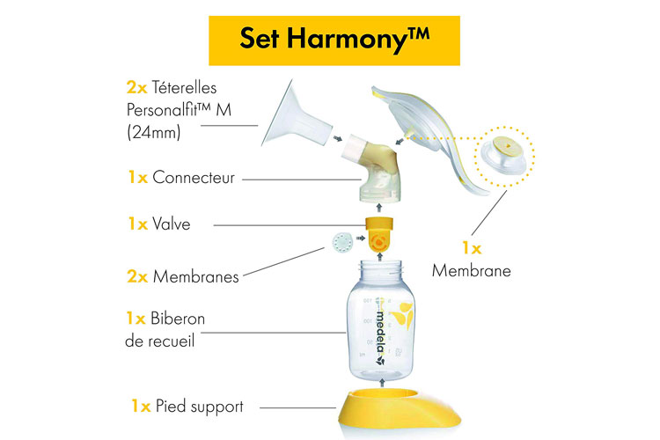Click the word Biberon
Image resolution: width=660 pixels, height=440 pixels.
(x=179, y=318)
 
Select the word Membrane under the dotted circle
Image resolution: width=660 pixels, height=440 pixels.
(x=471, y=271)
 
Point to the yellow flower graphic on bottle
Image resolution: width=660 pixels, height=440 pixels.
(x=403, y=312)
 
